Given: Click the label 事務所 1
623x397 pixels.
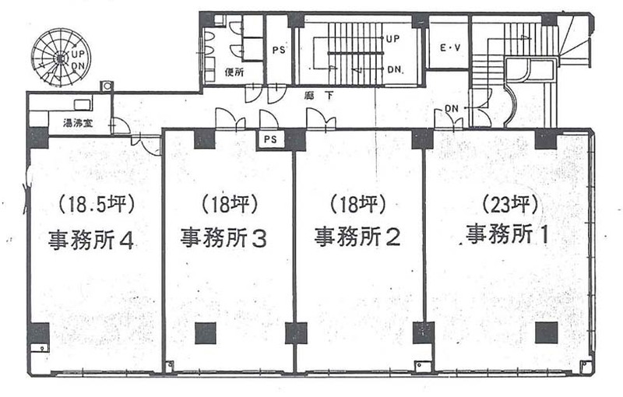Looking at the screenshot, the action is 507,234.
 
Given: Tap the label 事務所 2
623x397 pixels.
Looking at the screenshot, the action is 357,237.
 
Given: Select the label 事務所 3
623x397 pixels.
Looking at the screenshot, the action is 224,237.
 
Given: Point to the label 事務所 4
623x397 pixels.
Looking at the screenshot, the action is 91,240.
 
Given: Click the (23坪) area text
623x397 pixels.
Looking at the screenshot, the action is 510,206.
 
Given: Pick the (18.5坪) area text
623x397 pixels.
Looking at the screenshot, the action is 97,205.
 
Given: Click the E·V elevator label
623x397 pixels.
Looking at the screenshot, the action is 450,48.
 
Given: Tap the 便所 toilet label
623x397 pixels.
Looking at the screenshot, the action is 234,72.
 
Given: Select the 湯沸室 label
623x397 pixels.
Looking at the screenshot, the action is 79,123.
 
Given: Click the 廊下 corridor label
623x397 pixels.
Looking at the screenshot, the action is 319,96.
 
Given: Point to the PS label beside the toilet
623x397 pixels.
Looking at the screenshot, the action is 279,51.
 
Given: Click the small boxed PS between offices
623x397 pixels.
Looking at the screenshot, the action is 270,140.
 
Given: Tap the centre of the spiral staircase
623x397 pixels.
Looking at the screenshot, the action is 61,58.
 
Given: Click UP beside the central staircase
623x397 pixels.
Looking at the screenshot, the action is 392,39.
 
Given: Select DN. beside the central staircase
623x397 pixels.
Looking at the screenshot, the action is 396,70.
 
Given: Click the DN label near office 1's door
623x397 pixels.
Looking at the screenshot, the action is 452,108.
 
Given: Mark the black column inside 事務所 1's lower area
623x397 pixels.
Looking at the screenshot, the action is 547,332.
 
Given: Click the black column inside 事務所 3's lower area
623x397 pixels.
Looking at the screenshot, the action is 206,333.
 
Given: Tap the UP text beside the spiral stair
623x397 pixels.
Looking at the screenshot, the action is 78,54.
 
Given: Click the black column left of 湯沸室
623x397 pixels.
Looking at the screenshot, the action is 38,137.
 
